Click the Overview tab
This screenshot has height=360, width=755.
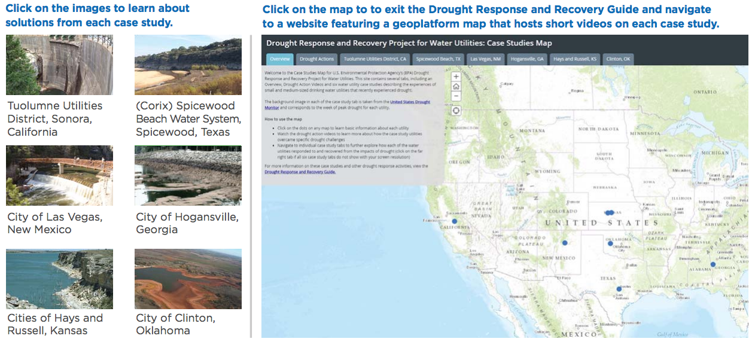(279, 59)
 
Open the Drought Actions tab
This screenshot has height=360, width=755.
(316, 59)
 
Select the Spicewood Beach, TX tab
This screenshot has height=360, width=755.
(439, 59)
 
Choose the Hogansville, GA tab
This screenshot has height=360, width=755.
(527, 59)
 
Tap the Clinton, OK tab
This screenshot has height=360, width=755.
(618, 59)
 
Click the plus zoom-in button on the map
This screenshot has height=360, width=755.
(456, 77)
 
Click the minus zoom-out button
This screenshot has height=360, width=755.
(456, 96)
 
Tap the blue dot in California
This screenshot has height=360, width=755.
(455, 221)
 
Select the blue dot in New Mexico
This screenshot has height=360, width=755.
(564, 243)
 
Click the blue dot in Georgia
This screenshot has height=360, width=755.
(713, 264)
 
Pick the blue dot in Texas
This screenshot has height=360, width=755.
(619, 289)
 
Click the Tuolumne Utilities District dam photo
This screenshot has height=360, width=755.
(59, 65)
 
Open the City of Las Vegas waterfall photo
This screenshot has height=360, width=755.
(59, 176)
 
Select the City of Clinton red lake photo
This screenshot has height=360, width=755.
(188, 279)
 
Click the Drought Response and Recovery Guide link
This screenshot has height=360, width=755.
(300, 172)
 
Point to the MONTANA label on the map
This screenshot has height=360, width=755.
(532, 130)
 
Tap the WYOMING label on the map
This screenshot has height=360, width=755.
(547, 171)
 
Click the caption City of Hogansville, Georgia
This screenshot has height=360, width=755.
(187, 223)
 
